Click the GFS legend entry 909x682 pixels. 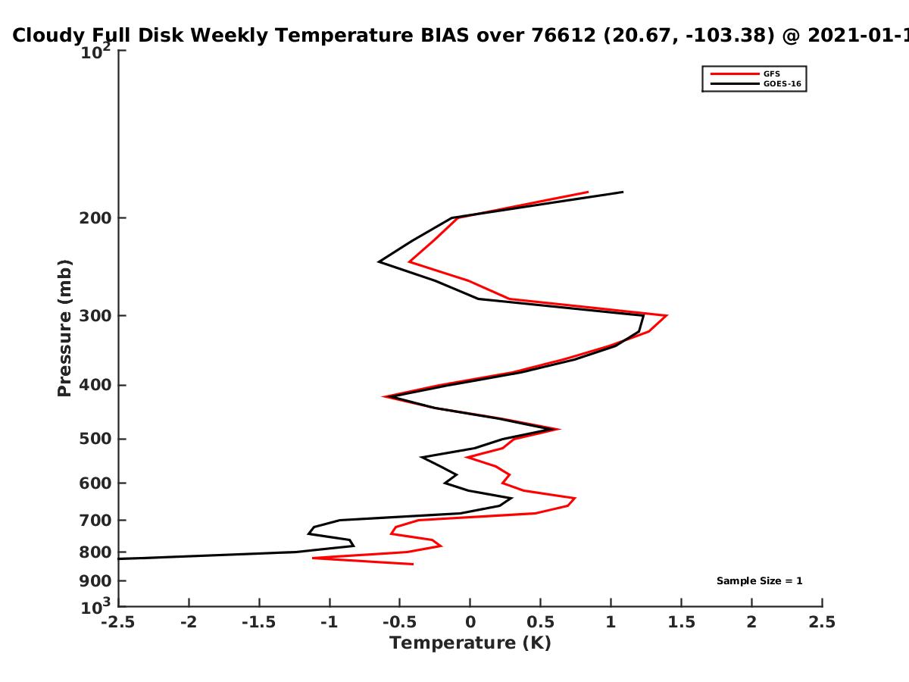tap(745, 74)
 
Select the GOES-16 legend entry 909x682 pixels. tap(756, 83)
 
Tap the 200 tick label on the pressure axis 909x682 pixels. tap(95, 217)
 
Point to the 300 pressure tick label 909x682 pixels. tap(95, 315)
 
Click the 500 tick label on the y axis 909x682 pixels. tap(95, 439)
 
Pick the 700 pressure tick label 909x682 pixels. tap(95, 520)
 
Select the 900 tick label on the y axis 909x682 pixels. tap(95, 581)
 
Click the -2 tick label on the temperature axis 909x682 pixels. tap(189, 622)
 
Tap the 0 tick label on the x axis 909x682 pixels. tap(470, 622)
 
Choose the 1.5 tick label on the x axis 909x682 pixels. tap(681, 622)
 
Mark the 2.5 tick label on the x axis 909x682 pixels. tap(822, 622)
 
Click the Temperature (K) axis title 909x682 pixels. tap(470, 643)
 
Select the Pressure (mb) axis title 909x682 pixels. tap(64, 328)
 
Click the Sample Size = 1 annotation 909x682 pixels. tap(760, 581)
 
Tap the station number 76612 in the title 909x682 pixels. tap(564, 36)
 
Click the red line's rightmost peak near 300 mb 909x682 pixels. tap(667, 315)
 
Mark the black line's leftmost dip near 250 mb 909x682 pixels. tap(379, 261)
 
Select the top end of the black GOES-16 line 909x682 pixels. tap(623, 192)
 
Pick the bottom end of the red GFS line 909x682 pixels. tap(414, 564)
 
